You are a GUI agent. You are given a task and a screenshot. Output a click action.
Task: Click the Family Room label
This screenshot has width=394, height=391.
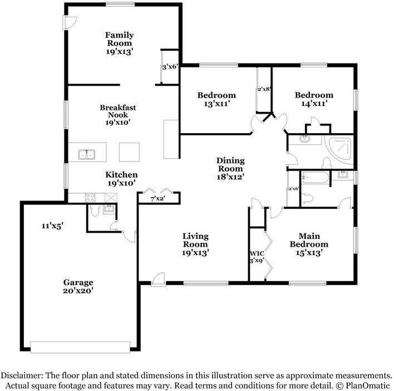click(x=119, y=39)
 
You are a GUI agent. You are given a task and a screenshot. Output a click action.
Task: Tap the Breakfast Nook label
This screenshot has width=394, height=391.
click(x=118, y=111)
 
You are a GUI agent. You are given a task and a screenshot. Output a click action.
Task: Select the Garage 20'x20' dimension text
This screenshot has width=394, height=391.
click(x=78, y=291)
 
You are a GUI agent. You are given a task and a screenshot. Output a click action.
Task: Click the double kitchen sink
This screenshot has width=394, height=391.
click(x=87, y=154)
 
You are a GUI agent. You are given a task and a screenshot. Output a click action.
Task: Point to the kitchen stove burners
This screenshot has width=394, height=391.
click(x=90, y=198)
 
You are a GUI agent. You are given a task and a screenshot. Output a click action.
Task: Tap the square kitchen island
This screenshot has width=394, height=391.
click(x=129, y=152)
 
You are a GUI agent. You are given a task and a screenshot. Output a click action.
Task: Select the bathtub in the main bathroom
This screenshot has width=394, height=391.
click(x=316, y=177)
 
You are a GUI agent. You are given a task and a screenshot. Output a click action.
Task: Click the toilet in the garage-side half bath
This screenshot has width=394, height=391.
click(x=95, y=210)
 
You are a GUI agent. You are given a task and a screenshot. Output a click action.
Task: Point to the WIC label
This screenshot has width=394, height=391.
click(x=257, y=253)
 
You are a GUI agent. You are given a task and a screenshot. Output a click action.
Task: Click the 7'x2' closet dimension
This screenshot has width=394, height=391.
click(x=157, y=199)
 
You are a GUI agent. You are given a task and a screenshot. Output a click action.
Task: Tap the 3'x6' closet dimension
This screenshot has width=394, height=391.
click(x=170, y=67)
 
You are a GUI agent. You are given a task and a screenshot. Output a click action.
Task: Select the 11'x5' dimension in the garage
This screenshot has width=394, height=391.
click(x=52, y=226)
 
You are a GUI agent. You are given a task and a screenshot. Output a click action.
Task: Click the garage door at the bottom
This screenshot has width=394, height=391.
click(x=80, y=347)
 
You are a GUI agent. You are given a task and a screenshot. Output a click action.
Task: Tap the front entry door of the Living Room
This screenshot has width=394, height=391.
click(x=158, y=280)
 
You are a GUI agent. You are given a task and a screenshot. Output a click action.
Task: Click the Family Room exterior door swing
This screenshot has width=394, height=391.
click(x=70, y=23)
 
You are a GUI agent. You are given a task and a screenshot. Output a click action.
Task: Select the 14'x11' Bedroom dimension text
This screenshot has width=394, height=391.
click(x=314, y=103)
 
